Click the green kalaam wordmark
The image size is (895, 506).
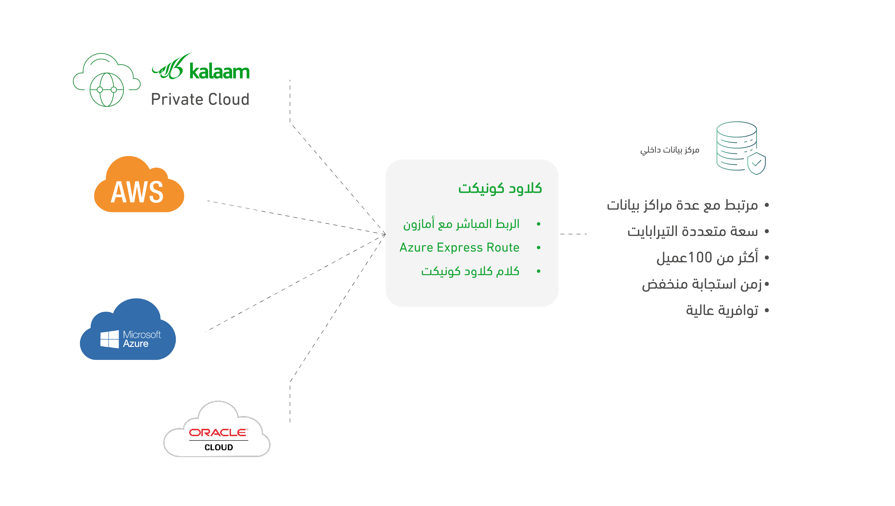tap(219, 71)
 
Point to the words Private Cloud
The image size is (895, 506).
tap(200, 99)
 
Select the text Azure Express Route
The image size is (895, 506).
tap(459, 247)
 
